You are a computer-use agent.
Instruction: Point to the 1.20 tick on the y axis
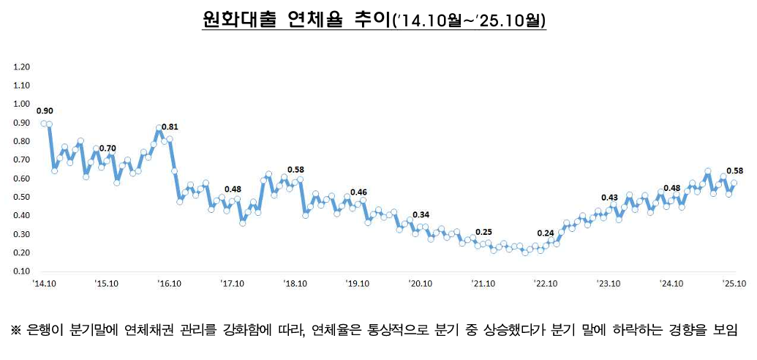pyautogui.click(x=21, y=67)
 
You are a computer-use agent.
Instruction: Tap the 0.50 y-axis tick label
pyautogui.click(x=21, y=197)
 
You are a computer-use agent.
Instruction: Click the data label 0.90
pyautogui.click(x=45, y=111)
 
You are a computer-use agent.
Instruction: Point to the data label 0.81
pyautogui.click(x=170, y=127)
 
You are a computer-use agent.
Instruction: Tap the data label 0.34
pyautogui.click(x=421, y=214)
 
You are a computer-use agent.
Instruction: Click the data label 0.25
pyautogui.click(x=483, y=232)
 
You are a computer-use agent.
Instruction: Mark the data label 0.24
pyautogui.click(x=546, y=233)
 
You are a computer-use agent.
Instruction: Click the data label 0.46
pyautogui.click(x=358, y=192)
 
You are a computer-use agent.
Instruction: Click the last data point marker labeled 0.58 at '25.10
pyautogui.click(x=734, y=183)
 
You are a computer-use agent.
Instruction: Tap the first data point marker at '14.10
pyautogui.click(x=44, y=124)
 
